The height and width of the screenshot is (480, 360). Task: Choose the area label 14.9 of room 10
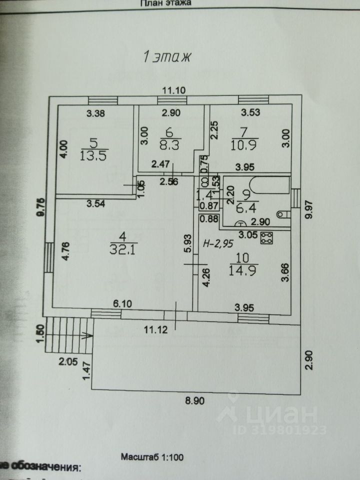243,270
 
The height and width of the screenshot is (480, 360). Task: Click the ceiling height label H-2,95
218,243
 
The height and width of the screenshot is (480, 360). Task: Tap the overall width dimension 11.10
173,90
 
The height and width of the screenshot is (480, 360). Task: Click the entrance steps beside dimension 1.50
64,334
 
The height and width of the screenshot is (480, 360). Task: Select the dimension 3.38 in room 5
96,113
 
